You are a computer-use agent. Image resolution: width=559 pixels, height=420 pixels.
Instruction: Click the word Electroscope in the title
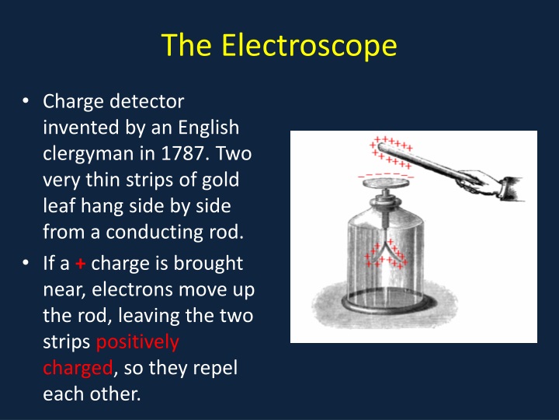pyautogui.click(x=310, y=46)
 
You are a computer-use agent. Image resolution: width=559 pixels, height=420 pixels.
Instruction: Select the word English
pyautogui.click(x=207, y=127)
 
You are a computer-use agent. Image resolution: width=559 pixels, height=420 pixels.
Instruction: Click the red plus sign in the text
pyautogui.click(x=79, y=264)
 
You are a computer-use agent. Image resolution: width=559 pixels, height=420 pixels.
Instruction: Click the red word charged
pyautogui.click(x=77, y=368)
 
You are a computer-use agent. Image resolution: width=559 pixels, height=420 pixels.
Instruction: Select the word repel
pyautogui.click(x=217, y=368)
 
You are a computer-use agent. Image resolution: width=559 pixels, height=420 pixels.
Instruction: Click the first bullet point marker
pyautogui.click(x=26, y=101)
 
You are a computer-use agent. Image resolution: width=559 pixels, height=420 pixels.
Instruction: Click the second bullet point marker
pyautogui.click(x=26, y=264)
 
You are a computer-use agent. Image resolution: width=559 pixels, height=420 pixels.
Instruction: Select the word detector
pyautogui.click(x=148, y=101)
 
